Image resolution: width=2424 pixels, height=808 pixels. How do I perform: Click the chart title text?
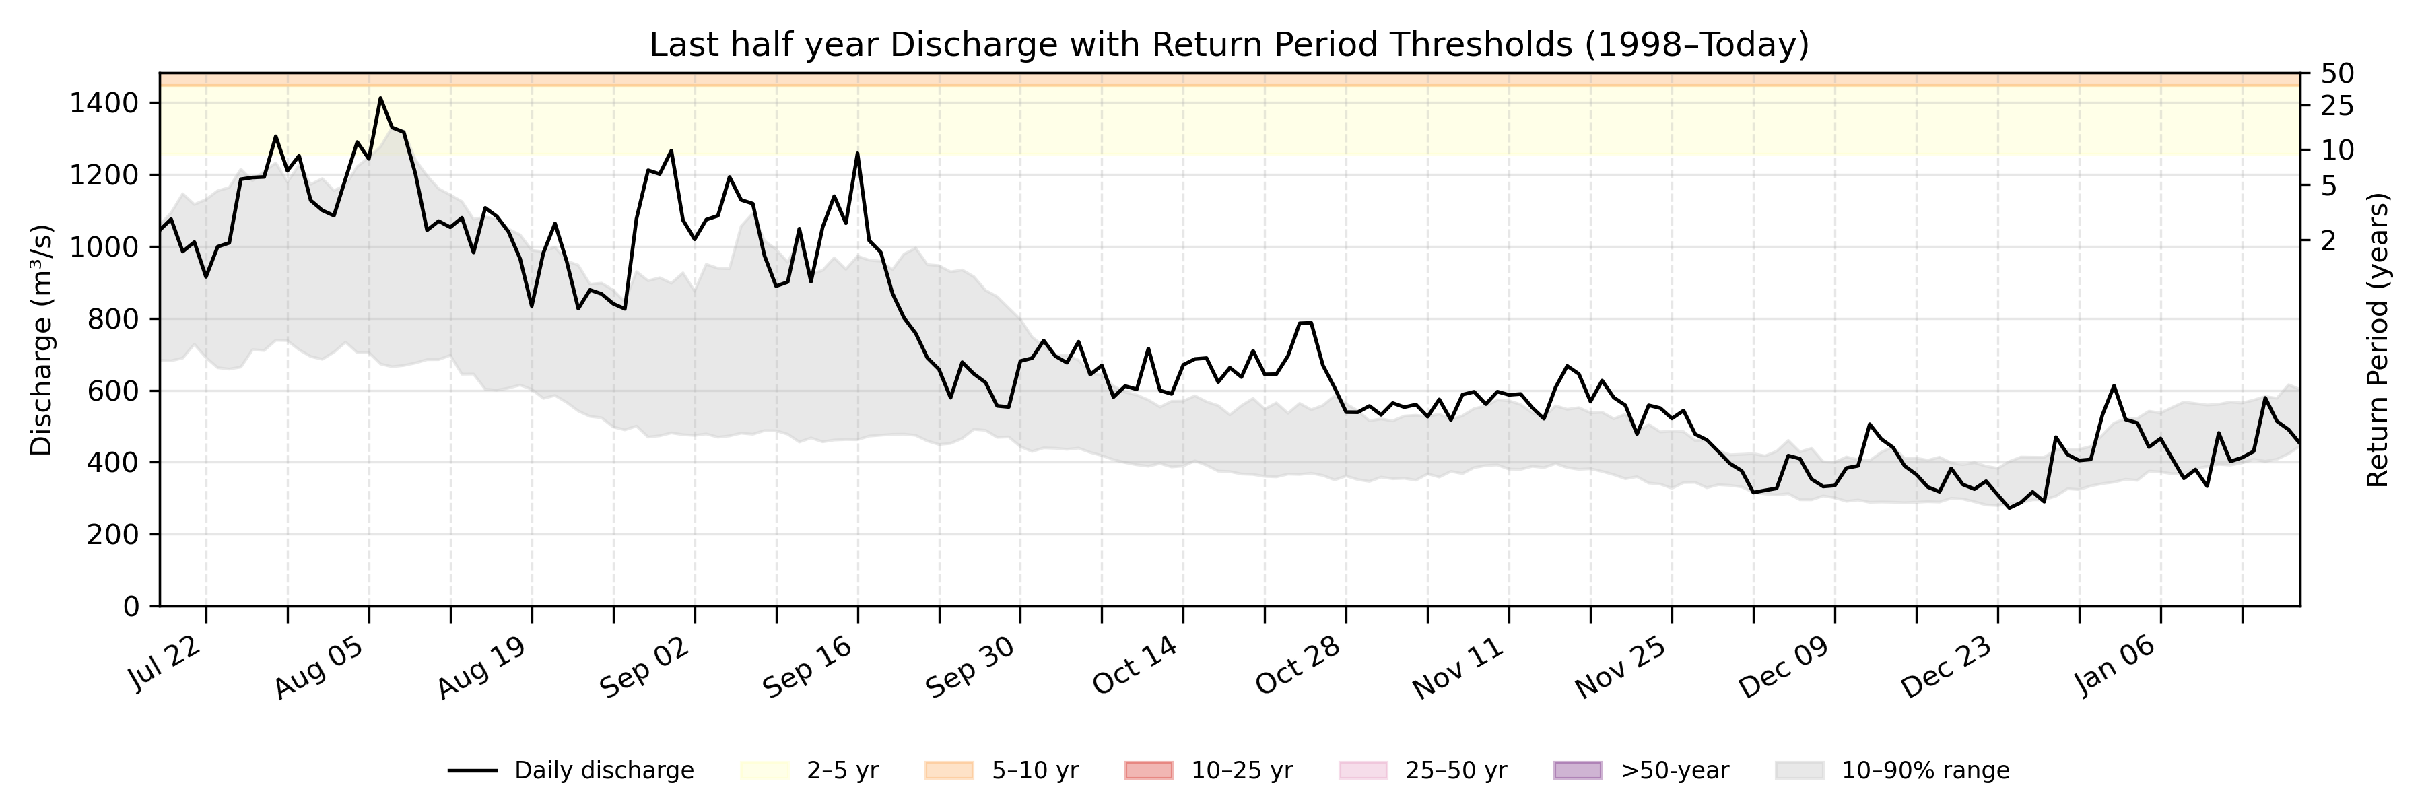click(x=1229, y=44)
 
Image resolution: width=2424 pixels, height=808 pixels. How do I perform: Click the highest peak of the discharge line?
click(x=380, y=98)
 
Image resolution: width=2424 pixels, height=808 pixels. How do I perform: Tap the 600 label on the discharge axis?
click(x=112, y=391)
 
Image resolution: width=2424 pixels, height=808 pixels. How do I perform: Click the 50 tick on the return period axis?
click(x=2337, y=73)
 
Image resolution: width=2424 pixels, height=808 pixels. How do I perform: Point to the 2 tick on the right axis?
click(x=2328, y=241)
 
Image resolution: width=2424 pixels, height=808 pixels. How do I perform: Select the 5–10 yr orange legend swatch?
click(x=949, y=770)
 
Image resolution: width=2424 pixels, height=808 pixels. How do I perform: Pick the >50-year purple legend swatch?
click(x=1577, y=770)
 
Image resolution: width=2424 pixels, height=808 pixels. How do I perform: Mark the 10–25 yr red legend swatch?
click(x=1149, y=770)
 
